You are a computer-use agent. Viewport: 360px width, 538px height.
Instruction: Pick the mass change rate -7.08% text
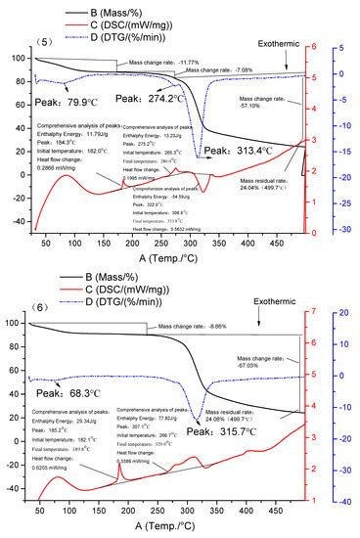point(218,70)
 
